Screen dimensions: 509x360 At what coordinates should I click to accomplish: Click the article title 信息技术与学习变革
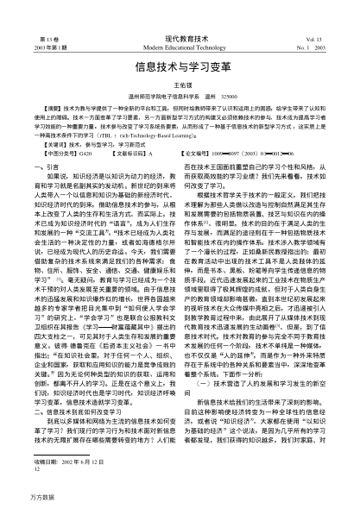(x=180, y=68)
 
